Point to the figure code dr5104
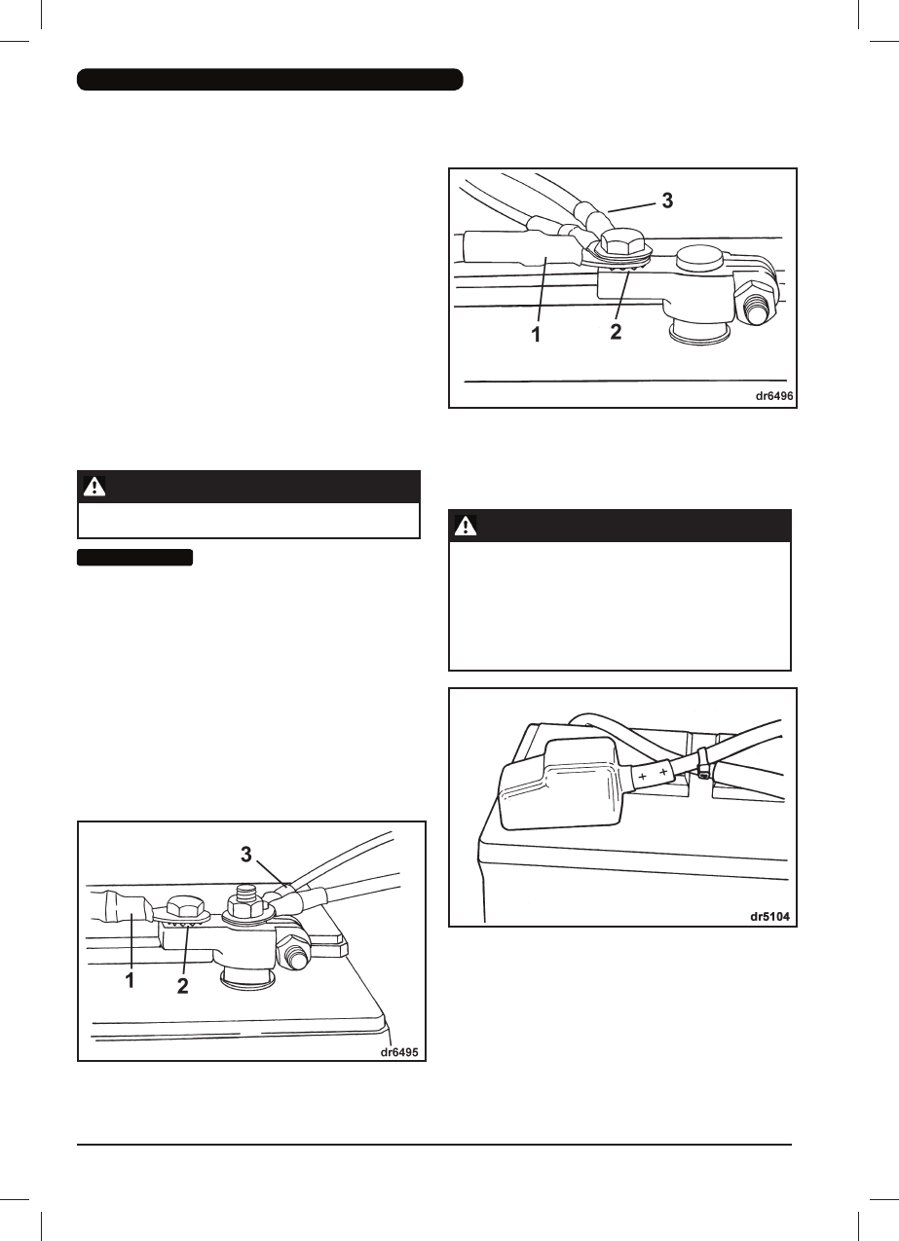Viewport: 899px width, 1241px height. click(770, 916)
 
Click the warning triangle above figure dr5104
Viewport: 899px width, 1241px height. click(467, 527)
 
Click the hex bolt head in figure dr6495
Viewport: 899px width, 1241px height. click(184, 903)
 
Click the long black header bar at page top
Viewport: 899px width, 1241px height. click(270, 80)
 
